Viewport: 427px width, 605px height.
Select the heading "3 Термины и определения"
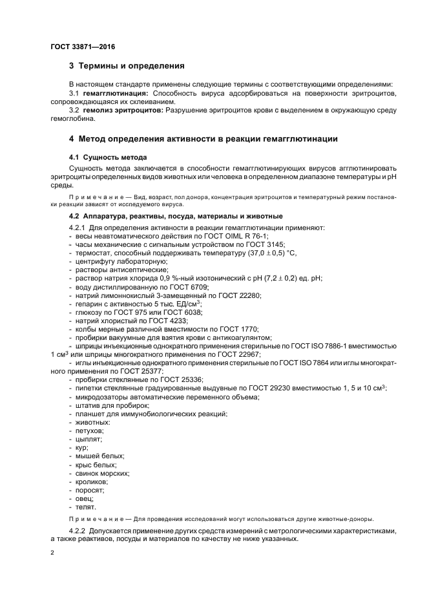click(127, 66)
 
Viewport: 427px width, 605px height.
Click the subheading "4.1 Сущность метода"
click(108, 157)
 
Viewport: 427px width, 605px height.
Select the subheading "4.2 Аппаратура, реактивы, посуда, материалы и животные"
click(175, 216)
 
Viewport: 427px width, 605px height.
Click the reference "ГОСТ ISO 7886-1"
click(326, 345)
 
